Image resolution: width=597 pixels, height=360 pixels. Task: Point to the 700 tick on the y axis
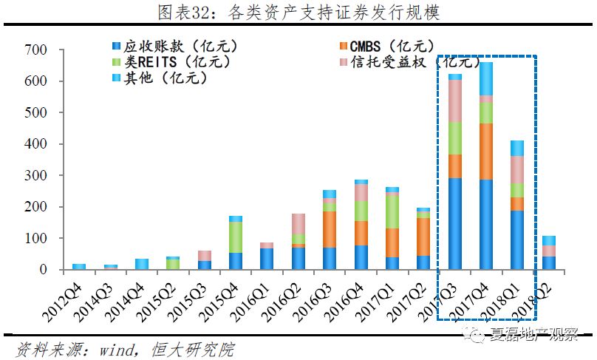point(35,50)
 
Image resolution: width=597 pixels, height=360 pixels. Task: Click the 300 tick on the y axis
point(35,176)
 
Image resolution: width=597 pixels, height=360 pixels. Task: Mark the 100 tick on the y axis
point(35,239)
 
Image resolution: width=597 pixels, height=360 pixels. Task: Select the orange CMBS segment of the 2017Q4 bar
point(486,152)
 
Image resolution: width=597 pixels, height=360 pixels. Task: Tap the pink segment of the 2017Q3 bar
point(454,101)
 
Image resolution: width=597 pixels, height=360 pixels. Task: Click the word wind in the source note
point(92,347)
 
